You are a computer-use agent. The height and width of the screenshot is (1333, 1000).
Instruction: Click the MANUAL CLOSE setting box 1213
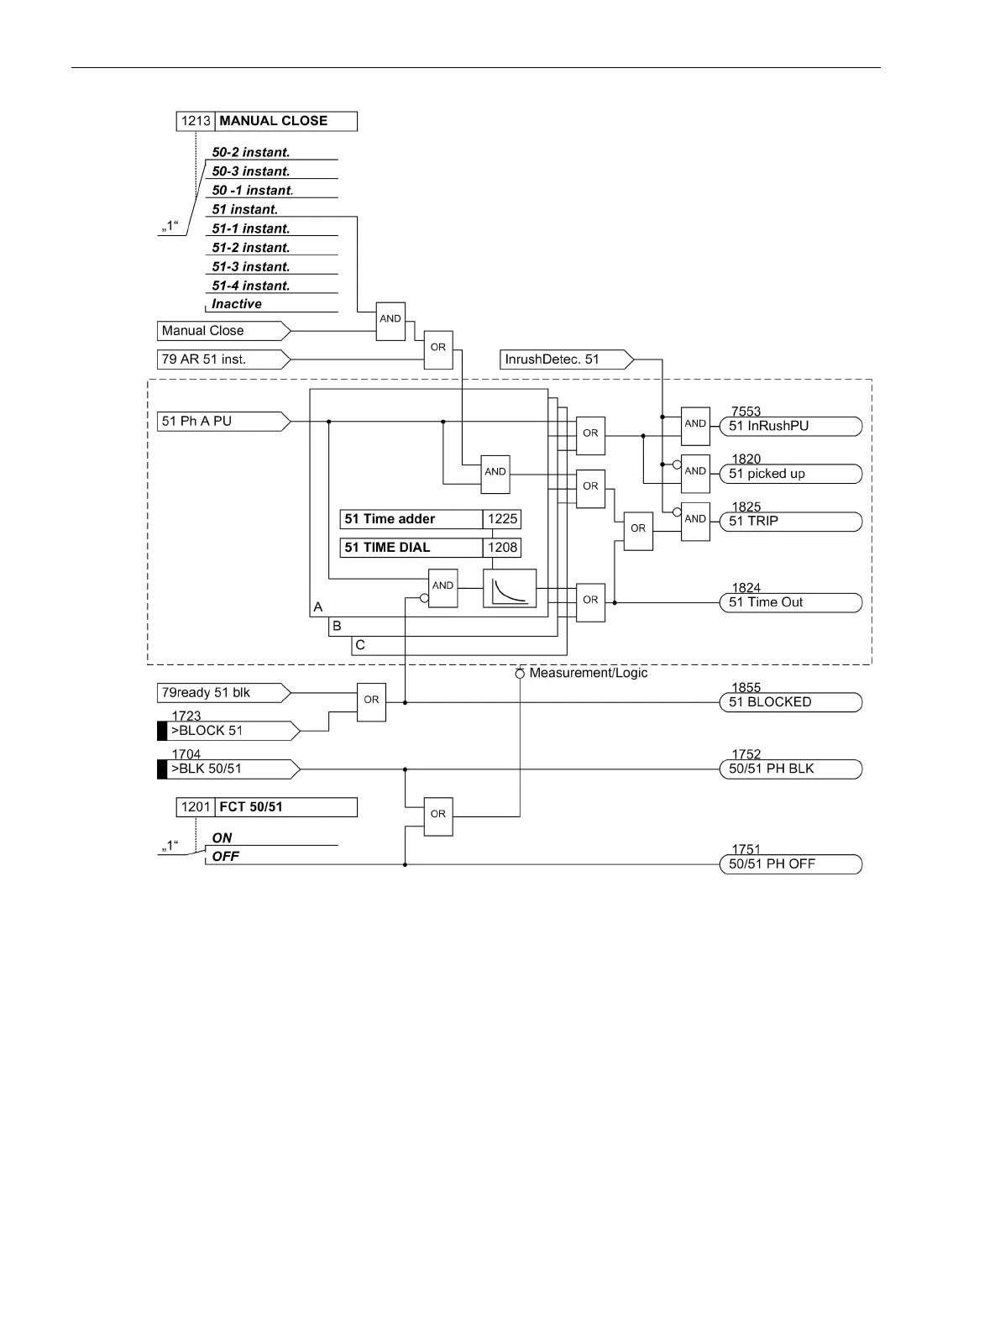click(x=266, y=121)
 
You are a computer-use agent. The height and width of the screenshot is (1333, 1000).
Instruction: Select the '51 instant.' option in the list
click(x=244, y=209)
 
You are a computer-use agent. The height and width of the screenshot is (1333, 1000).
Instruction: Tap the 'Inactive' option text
click(x=237, y=304)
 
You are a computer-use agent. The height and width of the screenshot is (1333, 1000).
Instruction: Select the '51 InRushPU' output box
click(x=790, y=426)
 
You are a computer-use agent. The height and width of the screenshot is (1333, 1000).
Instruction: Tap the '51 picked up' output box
click(x=790, y=474)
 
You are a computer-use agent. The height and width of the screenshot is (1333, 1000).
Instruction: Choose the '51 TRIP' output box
click(x=790, y=521)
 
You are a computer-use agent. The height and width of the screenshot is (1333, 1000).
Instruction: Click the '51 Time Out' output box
click(x=790, y=602)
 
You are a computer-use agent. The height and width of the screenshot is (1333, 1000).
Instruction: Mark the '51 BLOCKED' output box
click(x=790, y=702)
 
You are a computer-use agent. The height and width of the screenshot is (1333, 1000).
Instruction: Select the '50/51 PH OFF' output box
click(x=790, y=864)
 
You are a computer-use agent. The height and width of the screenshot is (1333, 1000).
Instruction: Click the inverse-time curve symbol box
click(x=510, y=588)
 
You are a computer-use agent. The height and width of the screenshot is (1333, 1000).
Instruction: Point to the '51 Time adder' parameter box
click(x=411, y=519)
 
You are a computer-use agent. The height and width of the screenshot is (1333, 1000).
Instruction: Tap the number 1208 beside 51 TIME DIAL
click(x=502, y=548)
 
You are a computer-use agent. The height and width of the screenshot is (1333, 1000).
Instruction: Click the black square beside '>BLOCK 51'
click(x=162, y=731)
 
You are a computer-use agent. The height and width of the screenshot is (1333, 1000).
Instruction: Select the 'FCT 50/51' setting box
click(x=266, y=807)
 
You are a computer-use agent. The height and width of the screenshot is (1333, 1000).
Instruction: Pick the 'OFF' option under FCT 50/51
click(x=225, y=857)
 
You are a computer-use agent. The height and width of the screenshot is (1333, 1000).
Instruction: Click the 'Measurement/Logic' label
click(x=588, y=673)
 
